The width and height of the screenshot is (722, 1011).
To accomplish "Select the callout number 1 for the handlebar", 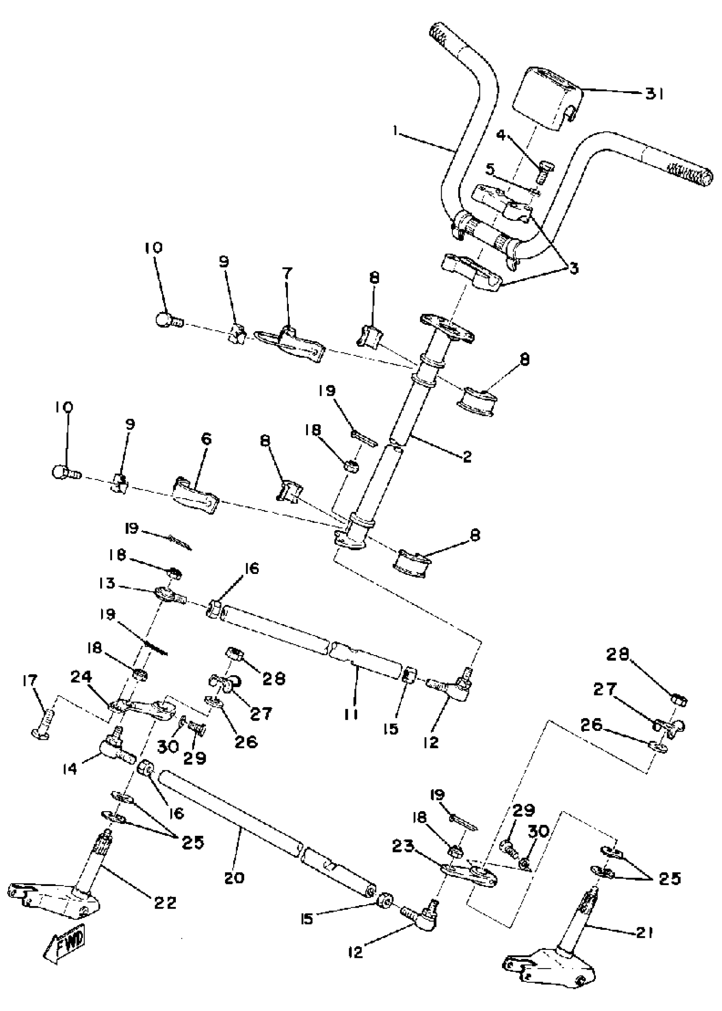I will pos(395,132).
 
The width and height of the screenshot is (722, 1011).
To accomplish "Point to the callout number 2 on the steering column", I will pos(466,457).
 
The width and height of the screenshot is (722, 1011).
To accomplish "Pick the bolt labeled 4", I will pos(543,172).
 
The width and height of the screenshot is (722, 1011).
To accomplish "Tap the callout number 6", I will pos(206,439).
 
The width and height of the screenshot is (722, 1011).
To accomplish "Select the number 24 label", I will pos(82,677).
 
